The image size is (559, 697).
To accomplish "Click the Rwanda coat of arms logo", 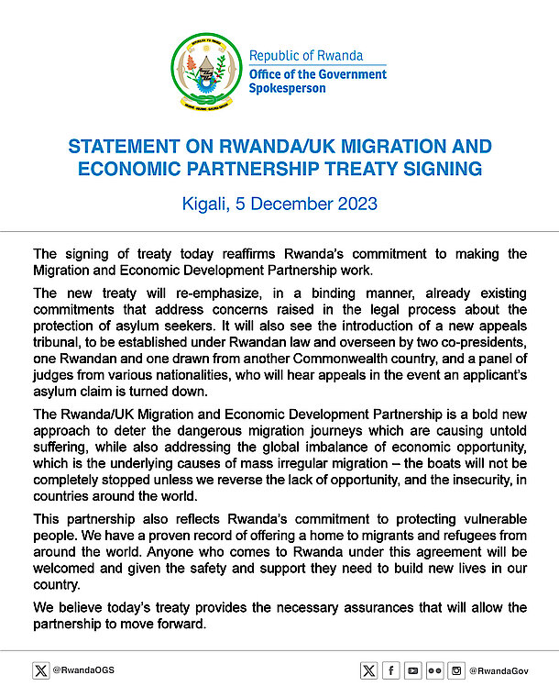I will pos(206,71).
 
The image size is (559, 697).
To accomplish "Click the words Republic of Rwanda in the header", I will pos(306,56).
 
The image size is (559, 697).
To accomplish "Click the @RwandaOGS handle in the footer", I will pos(84,670).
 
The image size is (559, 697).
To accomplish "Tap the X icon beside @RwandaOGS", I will pos(41,670).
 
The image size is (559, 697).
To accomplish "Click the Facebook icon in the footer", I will pos(391,670).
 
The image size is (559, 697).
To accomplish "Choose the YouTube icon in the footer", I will pos(413,670).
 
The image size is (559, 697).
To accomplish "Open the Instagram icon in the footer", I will pos(456,670).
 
